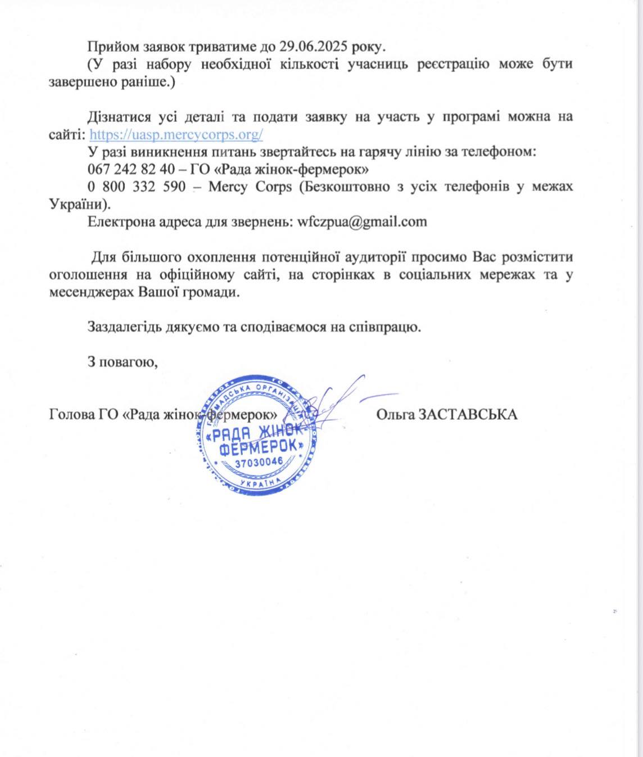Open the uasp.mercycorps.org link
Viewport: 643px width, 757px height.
[176, 135]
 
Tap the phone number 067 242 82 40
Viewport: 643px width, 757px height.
[131, 169]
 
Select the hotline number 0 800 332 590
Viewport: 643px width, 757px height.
[137, 187]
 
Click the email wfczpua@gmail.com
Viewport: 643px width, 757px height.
[362, 221]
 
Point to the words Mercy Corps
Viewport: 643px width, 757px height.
[250, 187]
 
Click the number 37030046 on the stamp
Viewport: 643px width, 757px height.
[259, 463]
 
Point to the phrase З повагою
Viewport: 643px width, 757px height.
[123, 362]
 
